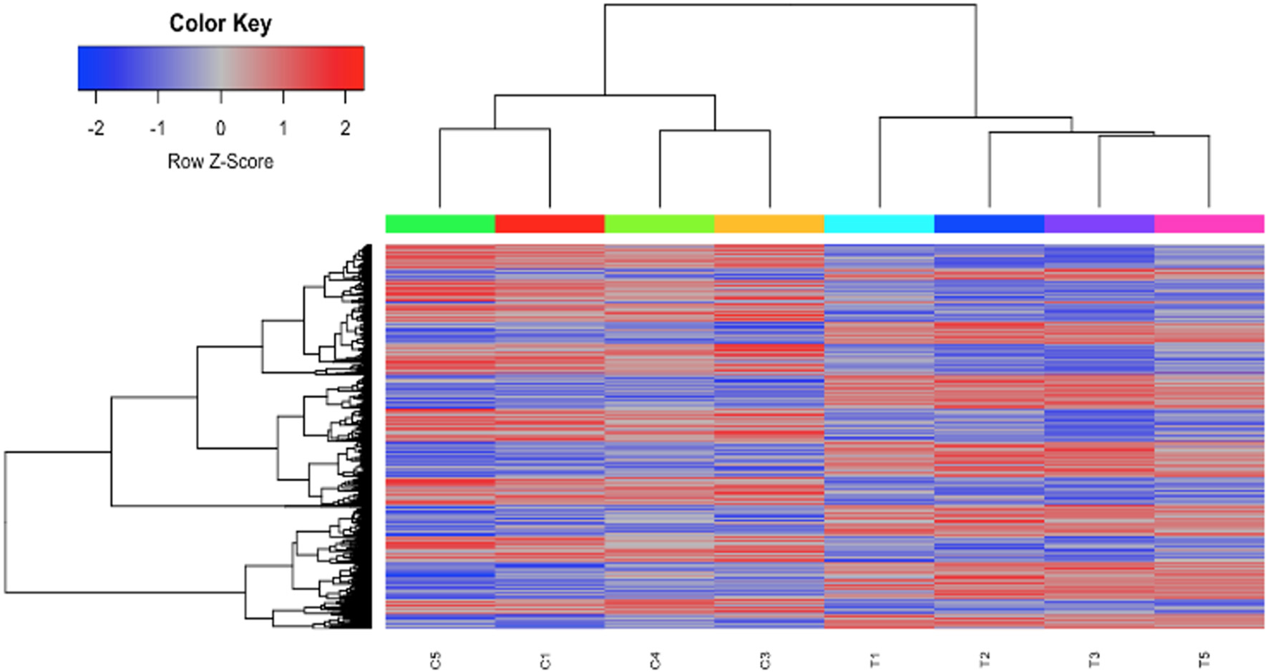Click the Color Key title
pyautogui.click(x=220, y=24)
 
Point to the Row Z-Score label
pyautogui.click(x=220, y=162)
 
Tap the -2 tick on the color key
pyautogui.click(x=96, y=128)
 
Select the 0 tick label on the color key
pyautogui.click(x=220, y=128)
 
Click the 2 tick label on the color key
pyautogui.click(x=346, y=128)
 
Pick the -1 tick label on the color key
pyautogui.click(x=157, y=128)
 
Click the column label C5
pyautogui.click(x=436, y=660)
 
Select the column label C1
pyautogui.click(x=545, y=660)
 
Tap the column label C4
pyautogui.click(x=655, y=660)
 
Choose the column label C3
pyautogui.click(x=765, y=660)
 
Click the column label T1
pyautogui.click(x=874, y=660)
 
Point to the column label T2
pyautogui.click(x=985, y=660)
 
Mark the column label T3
pyautogui.click(x=1094, y=660)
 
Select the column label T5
pyautogui.click(x=1204, y=660)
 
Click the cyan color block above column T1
pyautogui.click(x=879, y=224)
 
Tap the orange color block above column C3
pyautogui.click(x=769, y=224)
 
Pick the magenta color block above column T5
pyautogui.click(x=1209, y=224)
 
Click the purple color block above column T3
pyautogui.click(x=1099, y=224)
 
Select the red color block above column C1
pyautogui.click(x=550, y=224)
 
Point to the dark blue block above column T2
pyautogui.click(x=989, y=224)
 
